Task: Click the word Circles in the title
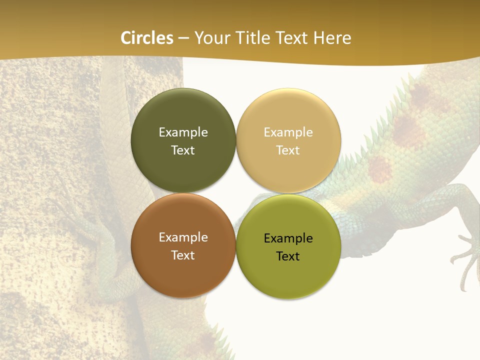(147, 38)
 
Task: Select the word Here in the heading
(332, 38)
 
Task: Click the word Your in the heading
(211, 38)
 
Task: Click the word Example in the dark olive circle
(183, 132)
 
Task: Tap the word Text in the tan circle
(288, 150)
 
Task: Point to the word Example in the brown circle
(183, 237)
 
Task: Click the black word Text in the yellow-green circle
(288, 256)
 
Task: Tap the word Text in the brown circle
(183, 255)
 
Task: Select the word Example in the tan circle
(288, 132)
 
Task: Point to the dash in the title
(183, 38)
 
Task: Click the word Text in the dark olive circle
(183, 150)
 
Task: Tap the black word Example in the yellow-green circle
(288, 238)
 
